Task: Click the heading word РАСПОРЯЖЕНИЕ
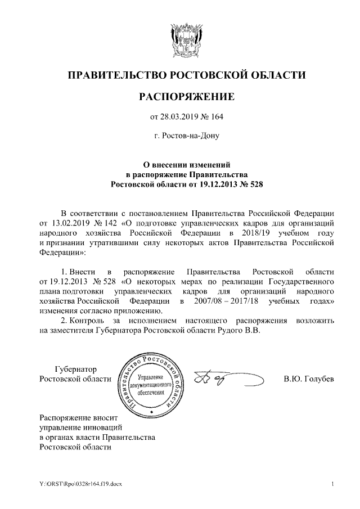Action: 186,97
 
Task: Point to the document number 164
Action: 217,117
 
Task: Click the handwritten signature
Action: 215,379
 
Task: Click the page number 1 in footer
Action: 333,484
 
